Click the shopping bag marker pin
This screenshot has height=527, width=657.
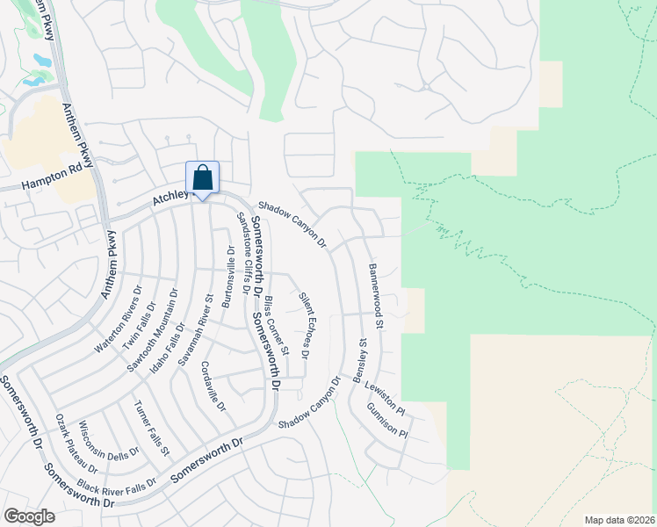(202, 179)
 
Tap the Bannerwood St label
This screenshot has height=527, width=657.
(376, 296)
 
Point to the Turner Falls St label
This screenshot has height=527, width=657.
(152, 430)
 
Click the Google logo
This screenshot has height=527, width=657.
(29, 516)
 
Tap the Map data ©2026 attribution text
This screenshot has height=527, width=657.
(618, 519)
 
